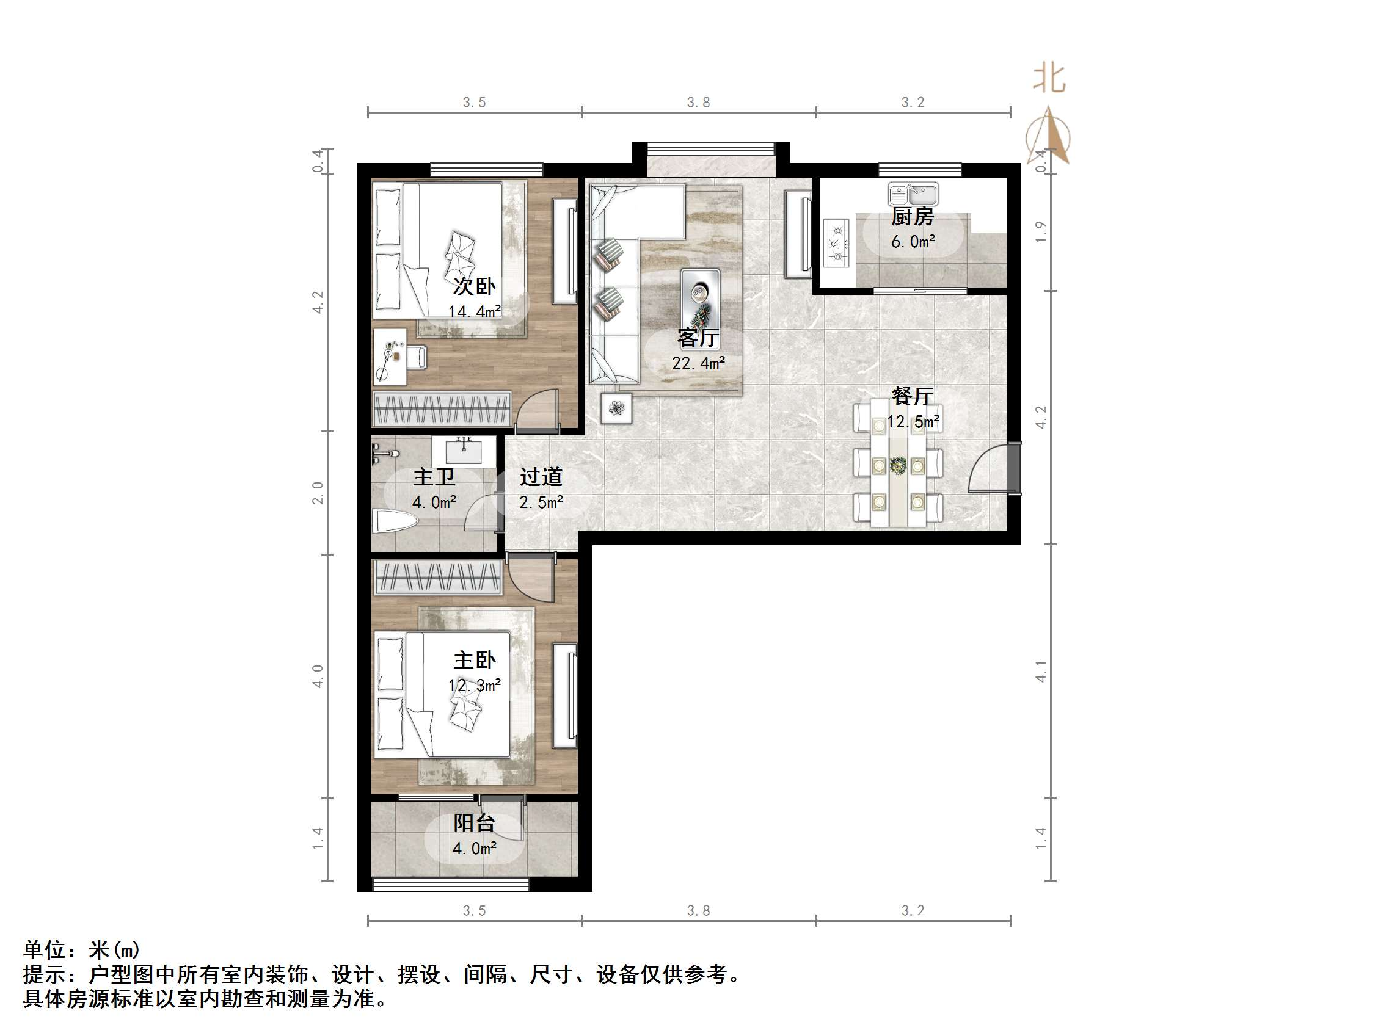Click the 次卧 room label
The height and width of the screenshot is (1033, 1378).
[x=474, y=286]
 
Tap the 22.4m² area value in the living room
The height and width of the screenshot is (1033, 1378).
[x=698, y=363]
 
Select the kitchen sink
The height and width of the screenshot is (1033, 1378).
[x=913, y=194]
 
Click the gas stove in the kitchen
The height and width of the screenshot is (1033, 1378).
[x=837, y=243]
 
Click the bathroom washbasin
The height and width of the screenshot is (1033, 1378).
[x=464, y=451]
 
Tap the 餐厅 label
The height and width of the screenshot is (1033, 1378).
[x=912, y=396]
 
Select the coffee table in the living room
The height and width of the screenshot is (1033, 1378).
[x=700, y=300]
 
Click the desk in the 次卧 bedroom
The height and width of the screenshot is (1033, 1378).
[x=389, y=357]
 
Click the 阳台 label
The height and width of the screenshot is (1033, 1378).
[x=474, y=823]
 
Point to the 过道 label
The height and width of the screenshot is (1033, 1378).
[x=541, y=477]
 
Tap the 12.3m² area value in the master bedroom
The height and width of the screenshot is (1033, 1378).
[x=474, y=686]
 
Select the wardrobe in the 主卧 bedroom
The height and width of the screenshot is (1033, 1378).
[x=438, y=576]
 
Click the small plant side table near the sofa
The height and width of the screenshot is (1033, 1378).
[x=616, y=408]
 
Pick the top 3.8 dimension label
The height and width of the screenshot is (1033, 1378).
[x=698, y=103]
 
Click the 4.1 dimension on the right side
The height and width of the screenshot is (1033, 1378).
[x=1040, y=671]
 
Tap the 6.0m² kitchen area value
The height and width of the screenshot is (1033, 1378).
[x=913, y=242]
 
